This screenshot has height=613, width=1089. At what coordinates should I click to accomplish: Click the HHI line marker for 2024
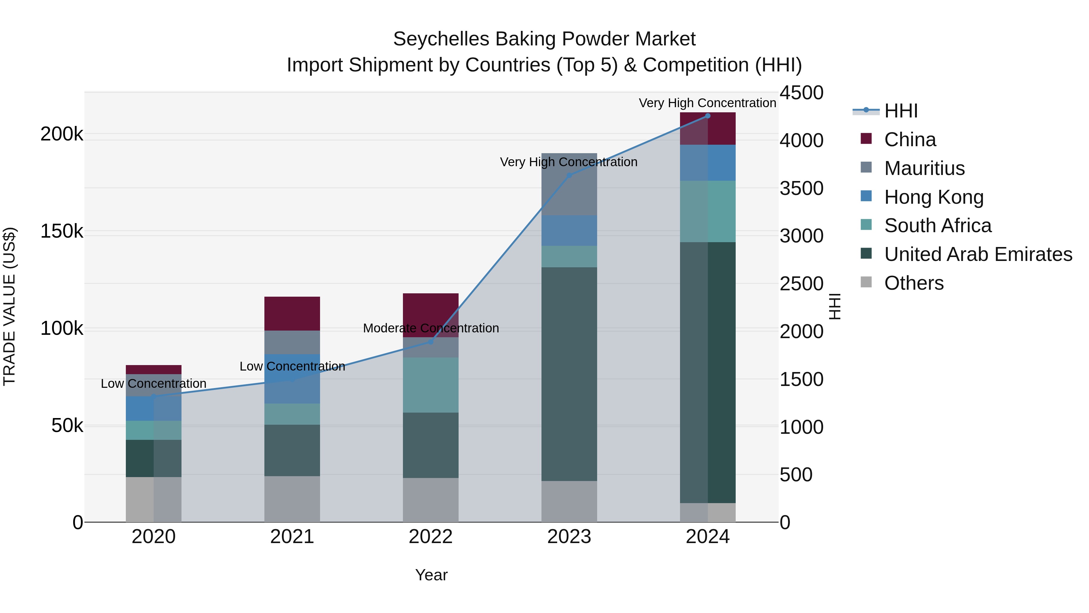click(708, 116)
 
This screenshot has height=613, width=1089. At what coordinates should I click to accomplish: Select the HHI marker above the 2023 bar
click(569, 175)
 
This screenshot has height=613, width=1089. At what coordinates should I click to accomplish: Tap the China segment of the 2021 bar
click(292, 314)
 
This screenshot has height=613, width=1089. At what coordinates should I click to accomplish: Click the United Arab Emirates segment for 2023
click(569, 374)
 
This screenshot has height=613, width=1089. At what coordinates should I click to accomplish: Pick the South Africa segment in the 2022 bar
click(430, 385)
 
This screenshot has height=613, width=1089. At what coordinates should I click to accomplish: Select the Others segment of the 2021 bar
click(292, 499)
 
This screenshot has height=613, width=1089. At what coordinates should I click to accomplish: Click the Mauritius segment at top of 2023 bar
click(569, 184)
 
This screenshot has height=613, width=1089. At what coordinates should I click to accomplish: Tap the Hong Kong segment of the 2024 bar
click(708, 163)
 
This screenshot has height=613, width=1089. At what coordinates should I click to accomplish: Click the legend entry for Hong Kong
click(934, 197)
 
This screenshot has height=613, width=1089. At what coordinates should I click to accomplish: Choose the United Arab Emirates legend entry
click(978, 255)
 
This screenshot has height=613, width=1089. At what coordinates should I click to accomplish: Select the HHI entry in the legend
click(901, 111)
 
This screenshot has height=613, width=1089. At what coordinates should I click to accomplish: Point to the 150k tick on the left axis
click(62, 231)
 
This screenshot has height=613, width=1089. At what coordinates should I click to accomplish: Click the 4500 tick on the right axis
click(801, 93)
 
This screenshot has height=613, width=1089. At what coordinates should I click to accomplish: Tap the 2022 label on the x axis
click(430, 537)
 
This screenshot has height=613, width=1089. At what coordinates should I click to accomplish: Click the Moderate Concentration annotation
click(430, 328)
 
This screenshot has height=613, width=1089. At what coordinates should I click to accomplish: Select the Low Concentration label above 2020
click(153, 384)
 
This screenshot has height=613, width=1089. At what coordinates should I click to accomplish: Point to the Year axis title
click(431, 575)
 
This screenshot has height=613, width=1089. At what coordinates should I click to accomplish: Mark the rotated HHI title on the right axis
click(834, 306)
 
